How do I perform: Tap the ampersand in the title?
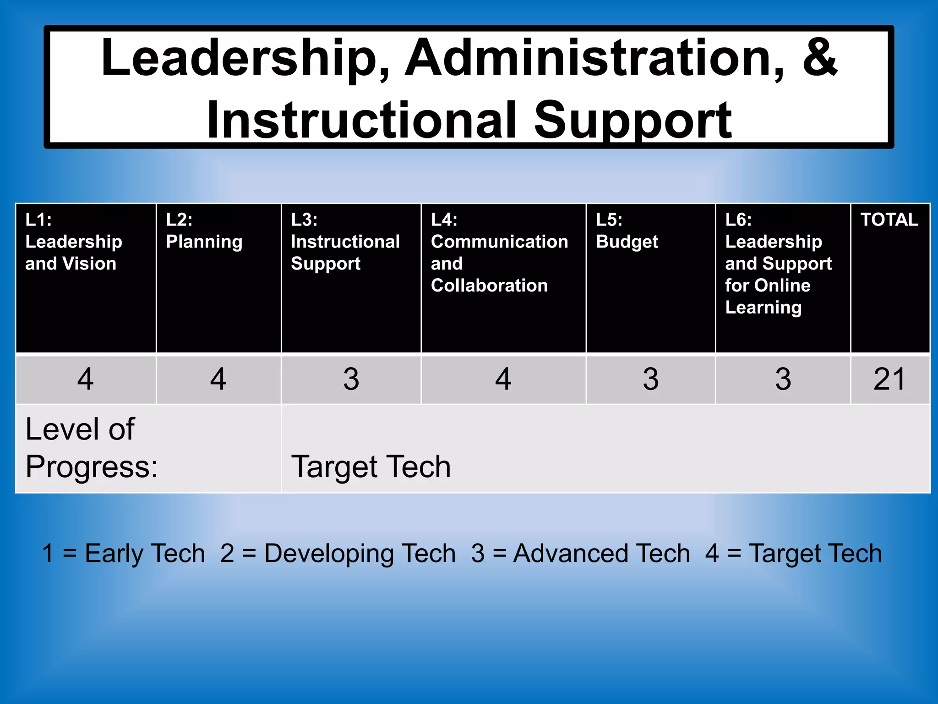[x=819, y=57]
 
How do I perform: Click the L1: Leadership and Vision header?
[x=74, y=242]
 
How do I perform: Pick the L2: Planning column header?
[x=204, y=231]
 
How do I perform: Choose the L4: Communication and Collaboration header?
[x=499, y=253]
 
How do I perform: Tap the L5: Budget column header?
[x=627, y=231]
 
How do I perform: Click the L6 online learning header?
[x=778, y=264]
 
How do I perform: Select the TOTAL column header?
[x=889, y=220]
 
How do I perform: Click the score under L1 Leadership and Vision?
[x=86, y=379]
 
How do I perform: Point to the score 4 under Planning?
[x=218, y=379]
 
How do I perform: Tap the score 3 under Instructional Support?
[x=351, y=379]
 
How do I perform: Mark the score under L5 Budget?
[x=650, y=379]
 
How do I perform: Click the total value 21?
[x=889, y=379]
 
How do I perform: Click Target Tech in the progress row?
[x=371, y=467]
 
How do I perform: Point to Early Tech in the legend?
[x=145, y=553]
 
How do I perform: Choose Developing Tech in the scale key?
[x=360, y=553]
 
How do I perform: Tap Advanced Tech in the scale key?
[x=601, y=553]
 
